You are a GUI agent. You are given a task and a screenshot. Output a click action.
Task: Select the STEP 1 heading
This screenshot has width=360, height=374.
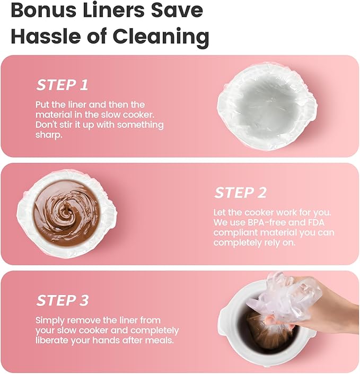tap(62, 85)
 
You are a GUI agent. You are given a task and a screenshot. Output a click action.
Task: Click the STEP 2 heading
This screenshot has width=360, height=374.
tap(240, 193)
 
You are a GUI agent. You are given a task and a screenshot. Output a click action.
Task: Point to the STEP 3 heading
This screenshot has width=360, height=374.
tap(63, 300)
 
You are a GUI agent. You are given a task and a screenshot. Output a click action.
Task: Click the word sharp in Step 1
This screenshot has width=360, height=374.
tap(48, 135)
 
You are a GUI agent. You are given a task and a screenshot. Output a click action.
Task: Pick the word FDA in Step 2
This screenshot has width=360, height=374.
tap(317, 222)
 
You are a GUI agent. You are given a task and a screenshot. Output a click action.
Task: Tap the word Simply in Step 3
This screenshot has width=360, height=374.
tap(51, 321)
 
